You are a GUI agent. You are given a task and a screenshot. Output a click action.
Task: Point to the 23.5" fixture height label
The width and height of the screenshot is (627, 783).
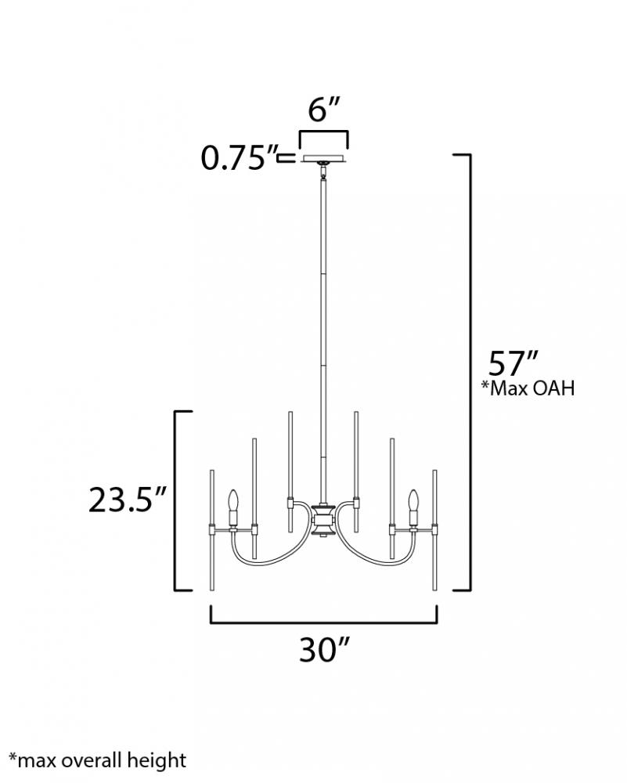pyautogui.click(x=127, y=500)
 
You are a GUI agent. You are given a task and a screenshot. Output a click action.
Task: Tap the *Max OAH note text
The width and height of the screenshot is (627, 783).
pyautogui.click(x=528, y=388)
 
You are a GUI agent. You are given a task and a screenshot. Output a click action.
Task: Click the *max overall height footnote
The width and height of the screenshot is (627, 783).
pyautogui.click(x=97, y=760)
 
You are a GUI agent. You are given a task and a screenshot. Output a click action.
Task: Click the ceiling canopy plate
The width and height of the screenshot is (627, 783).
pyautogui.click(x=323, y=159)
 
